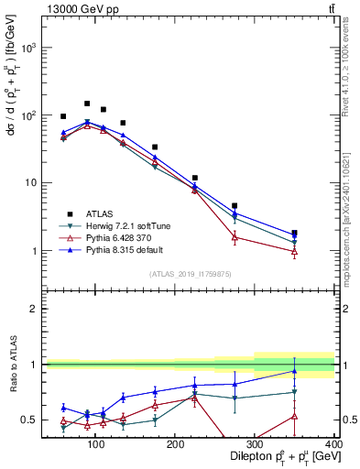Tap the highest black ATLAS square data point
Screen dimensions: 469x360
(87, 104)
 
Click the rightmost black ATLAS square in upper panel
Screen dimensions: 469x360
(320, 233)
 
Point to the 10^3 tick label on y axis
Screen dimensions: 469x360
(28, 48)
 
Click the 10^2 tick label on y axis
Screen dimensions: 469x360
(28, 115)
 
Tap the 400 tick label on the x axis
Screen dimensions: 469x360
(333, 443)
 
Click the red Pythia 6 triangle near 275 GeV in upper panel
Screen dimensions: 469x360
(235, 236)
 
